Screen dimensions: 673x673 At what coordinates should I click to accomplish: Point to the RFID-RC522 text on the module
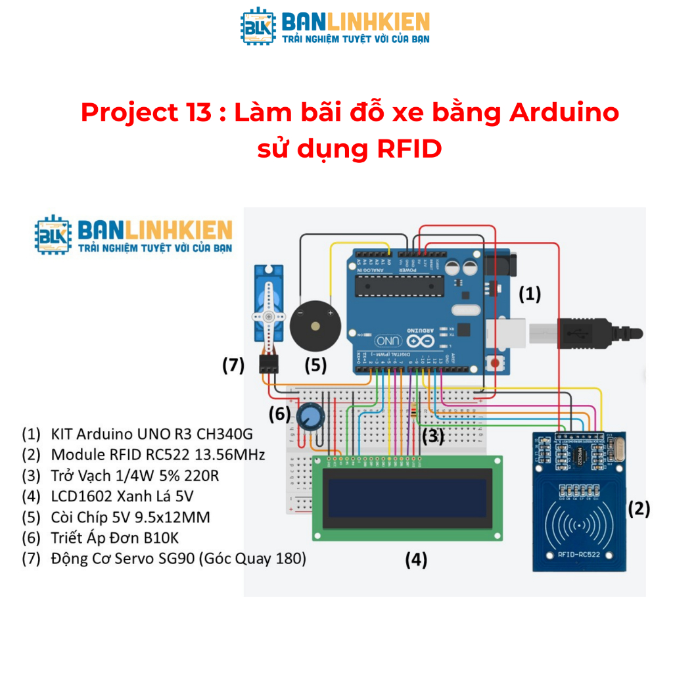[x=578, y=554]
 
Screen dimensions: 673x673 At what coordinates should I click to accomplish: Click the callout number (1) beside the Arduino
[x=530, y=294]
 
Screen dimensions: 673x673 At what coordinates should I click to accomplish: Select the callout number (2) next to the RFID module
[x=639, y=508]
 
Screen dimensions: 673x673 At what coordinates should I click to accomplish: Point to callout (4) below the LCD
[x=416, y=560]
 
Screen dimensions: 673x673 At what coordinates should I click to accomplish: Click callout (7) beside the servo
[x=233, y=365]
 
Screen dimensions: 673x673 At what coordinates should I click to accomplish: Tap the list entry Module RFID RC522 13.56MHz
[x=145, y=454]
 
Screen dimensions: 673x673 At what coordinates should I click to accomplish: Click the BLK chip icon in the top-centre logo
[x=258, y=27]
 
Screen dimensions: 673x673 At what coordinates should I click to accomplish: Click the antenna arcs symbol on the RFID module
[x=578, y=525]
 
